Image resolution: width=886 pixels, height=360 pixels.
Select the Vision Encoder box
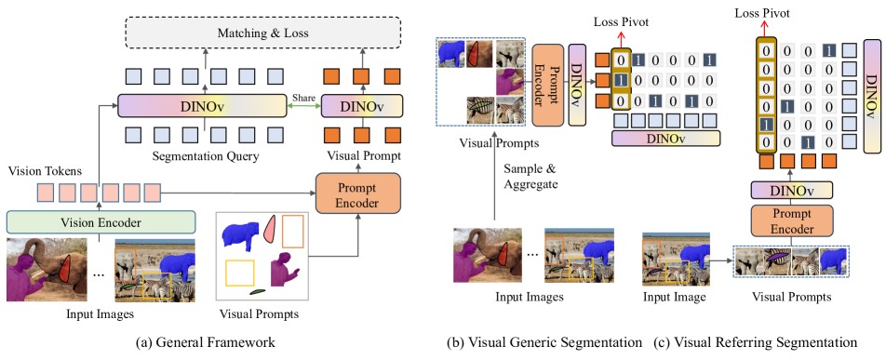(x=101, y=221)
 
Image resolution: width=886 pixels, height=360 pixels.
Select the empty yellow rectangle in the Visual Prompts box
(x=239, y=273)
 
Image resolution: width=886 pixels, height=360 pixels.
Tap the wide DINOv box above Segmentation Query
(x=201, y=105)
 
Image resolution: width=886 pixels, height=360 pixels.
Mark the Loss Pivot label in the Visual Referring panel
(x=760, y=14)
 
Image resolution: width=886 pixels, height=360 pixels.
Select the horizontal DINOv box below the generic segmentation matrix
(x=664, y=139)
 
